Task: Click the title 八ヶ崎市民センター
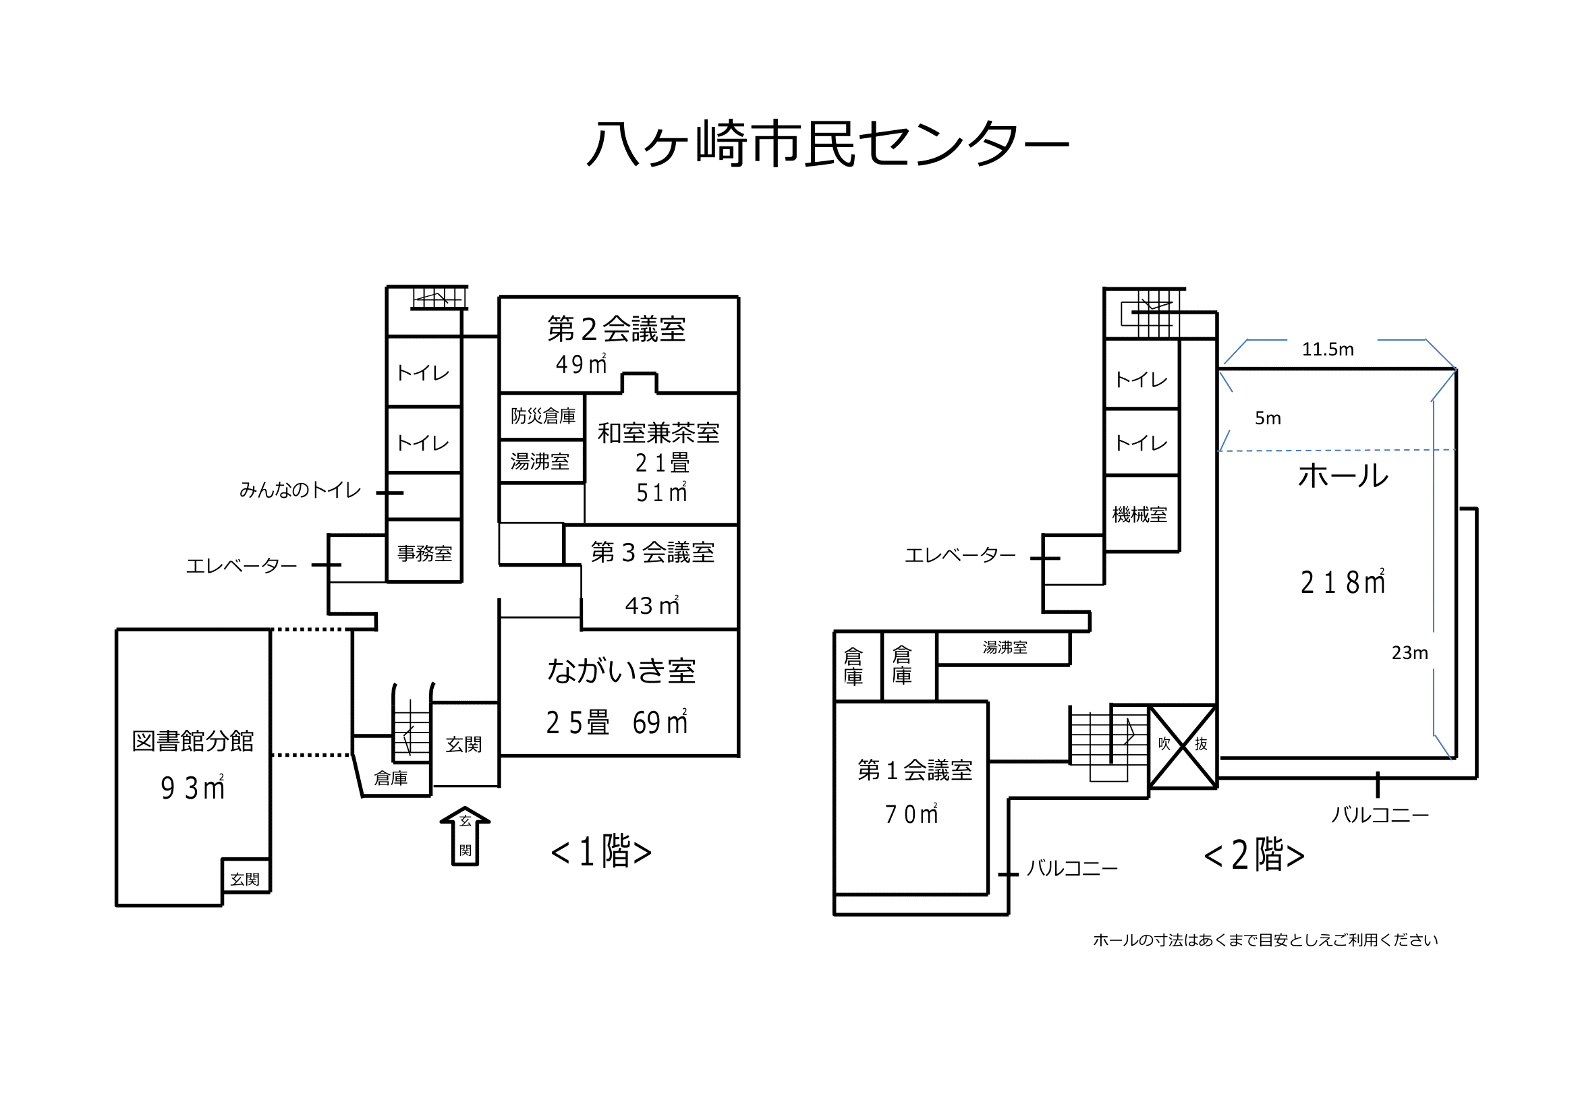[x=828, y=144]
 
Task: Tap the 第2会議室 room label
[x=617, y=328]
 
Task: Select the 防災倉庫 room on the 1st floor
[x=542, y=416]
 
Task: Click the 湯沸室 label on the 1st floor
[x=540, y=461]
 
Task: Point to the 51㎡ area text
[x=661, y=492]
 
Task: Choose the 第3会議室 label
[x=653, y=552]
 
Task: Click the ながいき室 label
[x=621, y=670]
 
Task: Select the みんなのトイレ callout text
[x=300, y=490]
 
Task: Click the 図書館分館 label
[x=192, y=741]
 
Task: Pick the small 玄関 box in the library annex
[x=246, y=876]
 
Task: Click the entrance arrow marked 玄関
[x=465, y=836]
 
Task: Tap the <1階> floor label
[x=601, y=851]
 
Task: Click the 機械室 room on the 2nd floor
[x=1142, y=513]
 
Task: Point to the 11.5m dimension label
[x=1328, y=349]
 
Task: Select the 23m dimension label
[x=1409, y=653]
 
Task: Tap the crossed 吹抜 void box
[x=1183, y=746]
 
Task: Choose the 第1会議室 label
[x=915, y=770]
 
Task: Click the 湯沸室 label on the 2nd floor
[x=1005, y=648]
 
